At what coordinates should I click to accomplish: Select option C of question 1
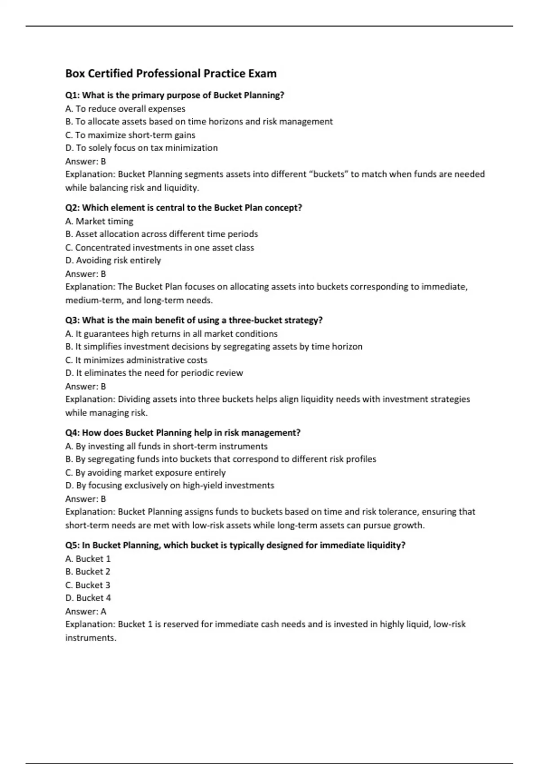point(130,135)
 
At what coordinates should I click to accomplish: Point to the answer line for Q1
point(86,161)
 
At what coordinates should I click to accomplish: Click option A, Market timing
point(99,221)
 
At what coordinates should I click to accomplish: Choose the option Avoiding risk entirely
point(113,261)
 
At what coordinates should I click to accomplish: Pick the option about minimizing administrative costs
point(137,360)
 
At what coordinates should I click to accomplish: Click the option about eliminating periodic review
point(154,373)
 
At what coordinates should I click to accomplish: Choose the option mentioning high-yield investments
point(170,485)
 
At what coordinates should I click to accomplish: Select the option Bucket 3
point(88,585)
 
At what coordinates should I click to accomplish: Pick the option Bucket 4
point(88,598)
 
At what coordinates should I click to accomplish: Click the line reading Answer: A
point(86,611)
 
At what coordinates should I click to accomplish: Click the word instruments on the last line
point(90,638)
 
